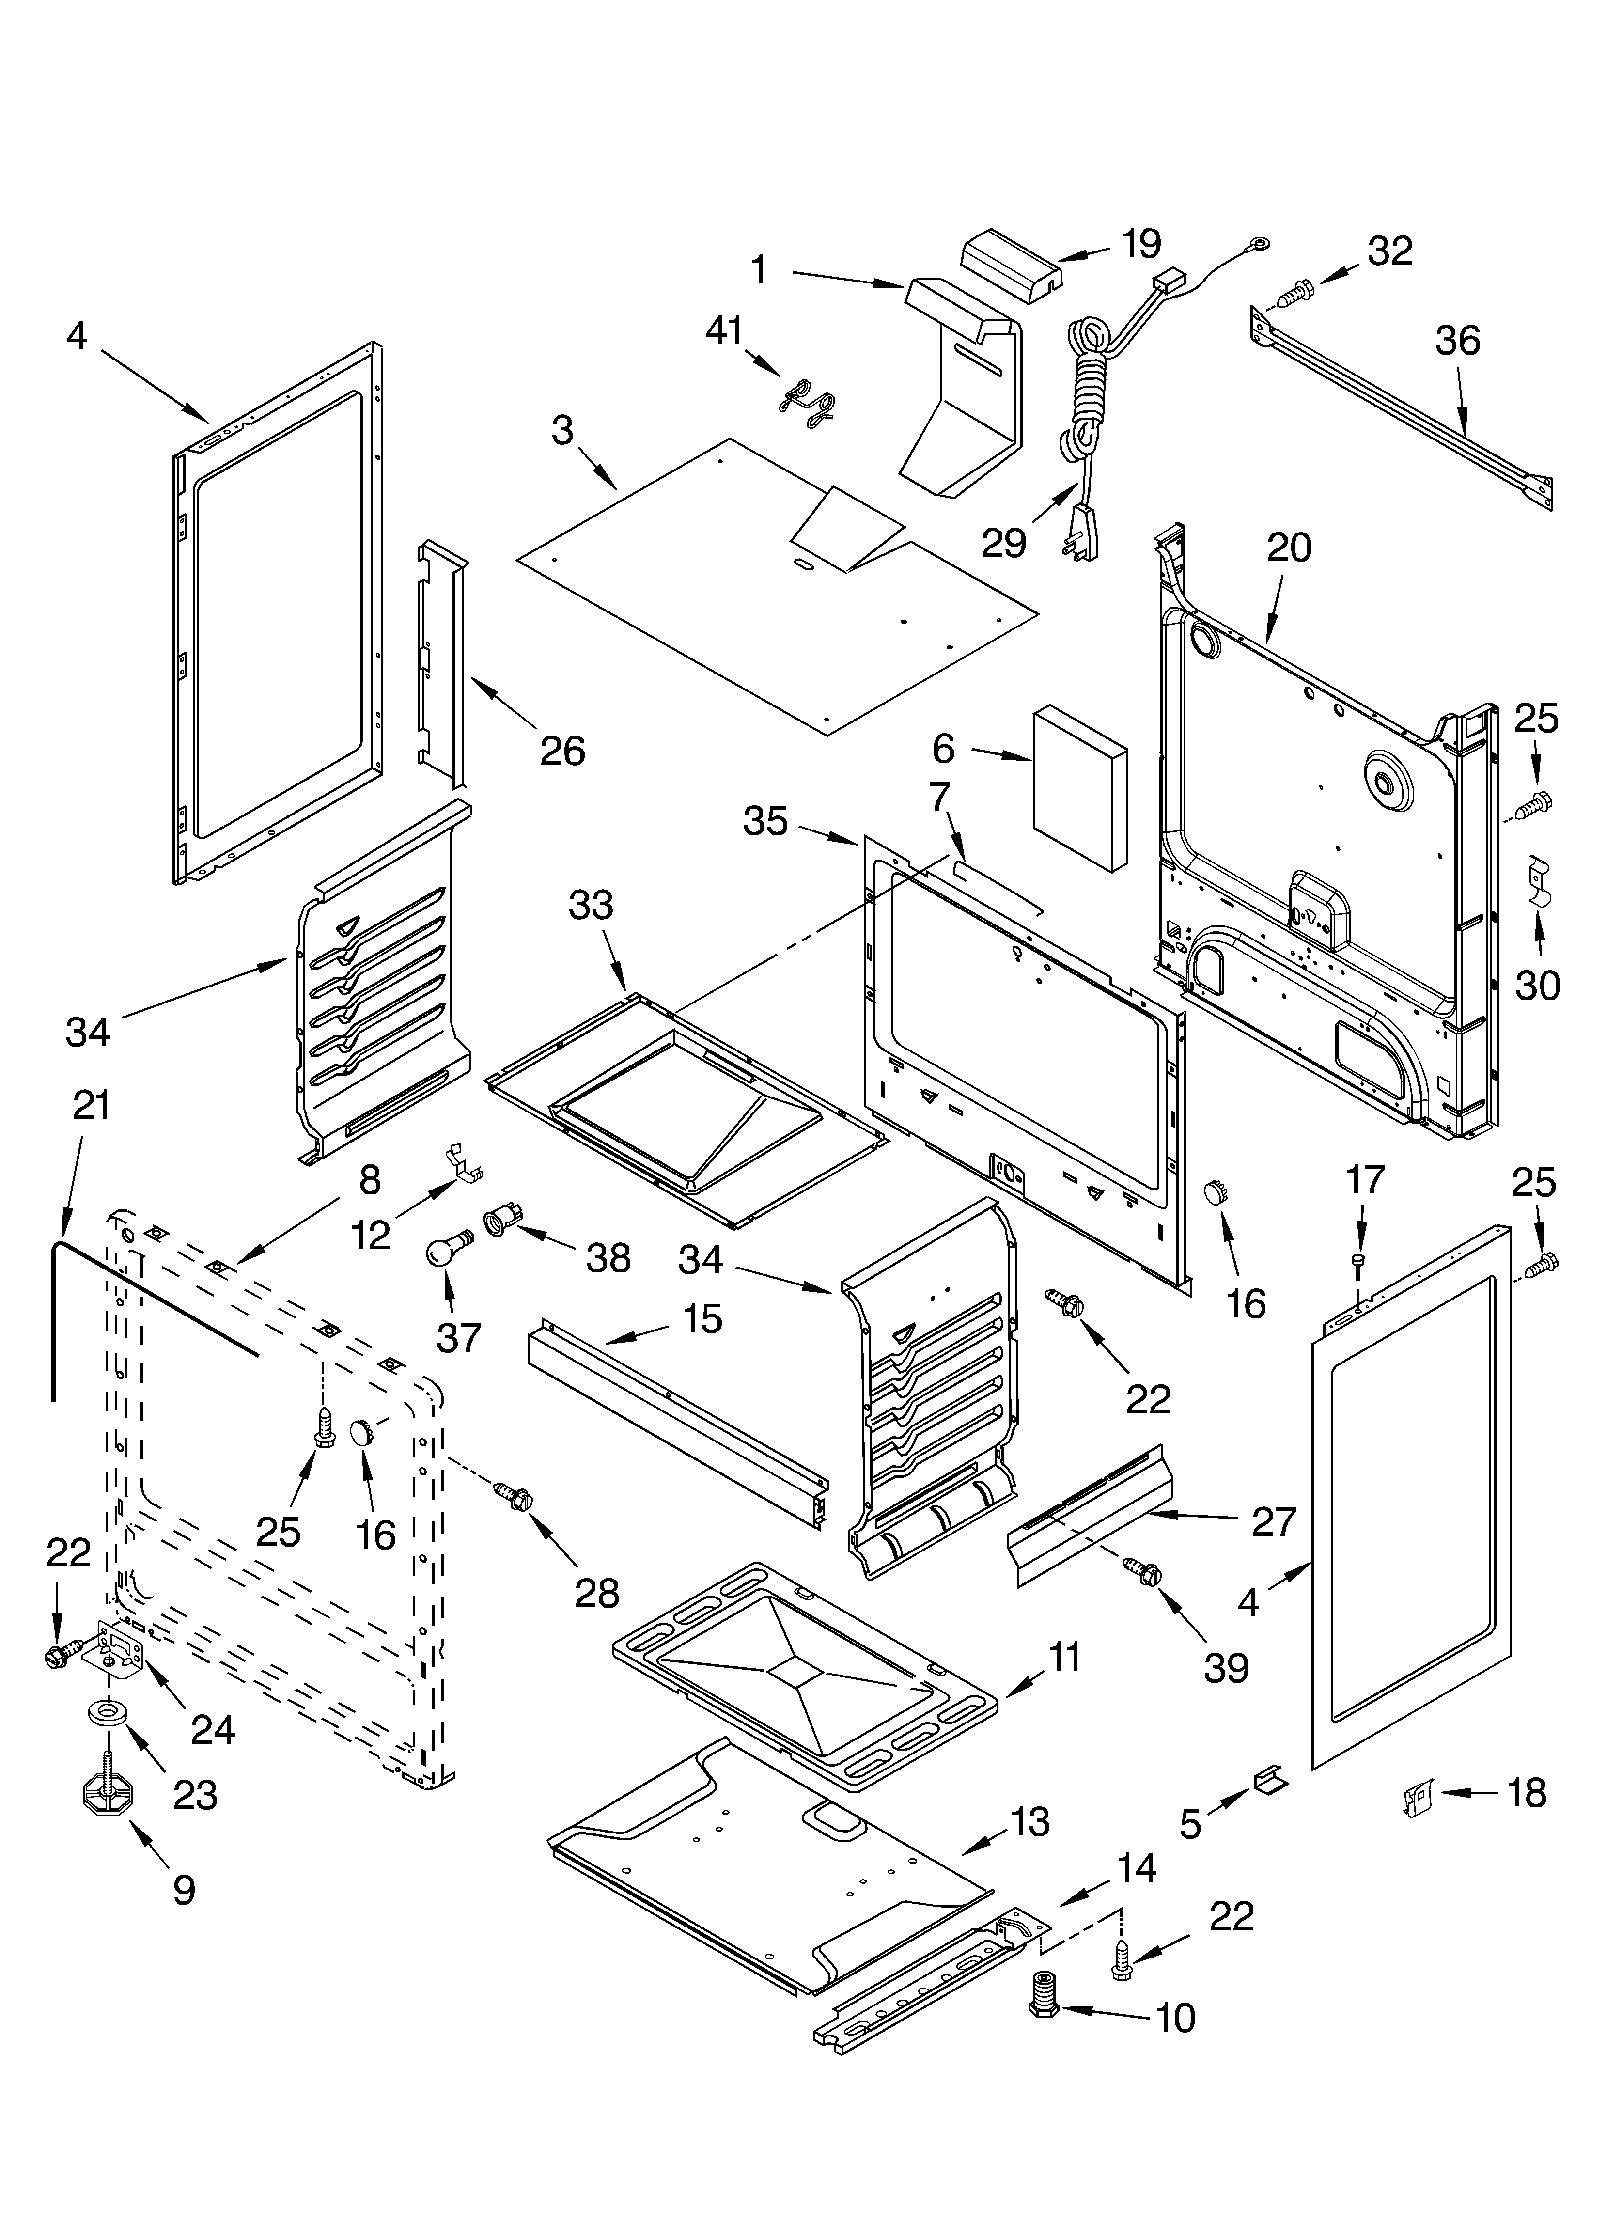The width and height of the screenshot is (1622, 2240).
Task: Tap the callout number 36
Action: [1457, 341]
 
